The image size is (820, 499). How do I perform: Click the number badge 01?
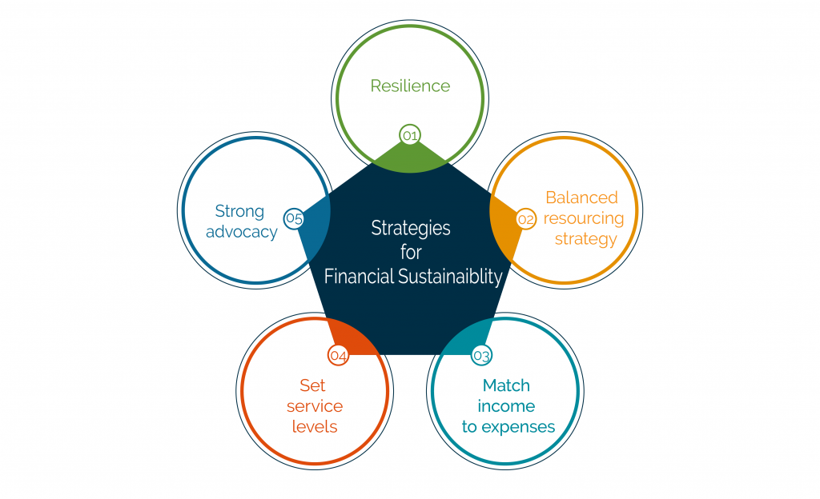click(410, 136)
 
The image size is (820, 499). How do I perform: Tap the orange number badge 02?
click(525, 218)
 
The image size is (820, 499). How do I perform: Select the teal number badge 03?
click(481, 356)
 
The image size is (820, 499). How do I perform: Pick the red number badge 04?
click(339, 356)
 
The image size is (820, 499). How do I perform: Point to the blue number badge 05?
click(294, 218)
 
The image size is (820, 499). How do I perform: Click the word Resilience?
click(410, 86)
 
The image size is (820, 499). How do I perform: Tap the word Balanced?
click(581, 198)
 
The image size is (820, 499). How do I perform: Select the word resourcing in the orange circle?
click(584, 218)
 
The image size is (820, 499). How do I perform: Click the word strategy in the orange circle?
click(585, 239)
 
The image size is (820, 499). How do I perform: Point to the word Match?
click(506, 385)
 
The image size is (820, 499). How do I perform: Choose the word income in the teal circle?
click(506, 406)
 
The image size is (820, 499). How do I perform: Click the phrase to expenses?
click(508, 427)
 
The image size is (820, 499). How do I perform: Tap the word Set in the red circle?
click(313, 385)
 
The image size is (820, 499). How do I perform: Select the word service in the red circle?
click(315, 406)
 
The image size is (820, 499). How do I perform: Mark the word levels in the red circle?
click(315, 426)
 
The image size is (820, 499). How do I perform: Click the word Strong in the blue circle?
click(239, 211)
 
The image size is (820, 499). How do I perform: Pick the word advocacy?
click(242, 232)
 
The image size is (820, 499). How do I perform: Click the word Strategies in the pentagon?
click(411, 229)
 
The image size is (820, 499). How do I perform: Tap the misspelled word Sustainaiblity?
click(450, 276)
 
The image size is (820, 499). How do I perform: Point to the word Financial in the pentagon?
click(359, 276)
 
